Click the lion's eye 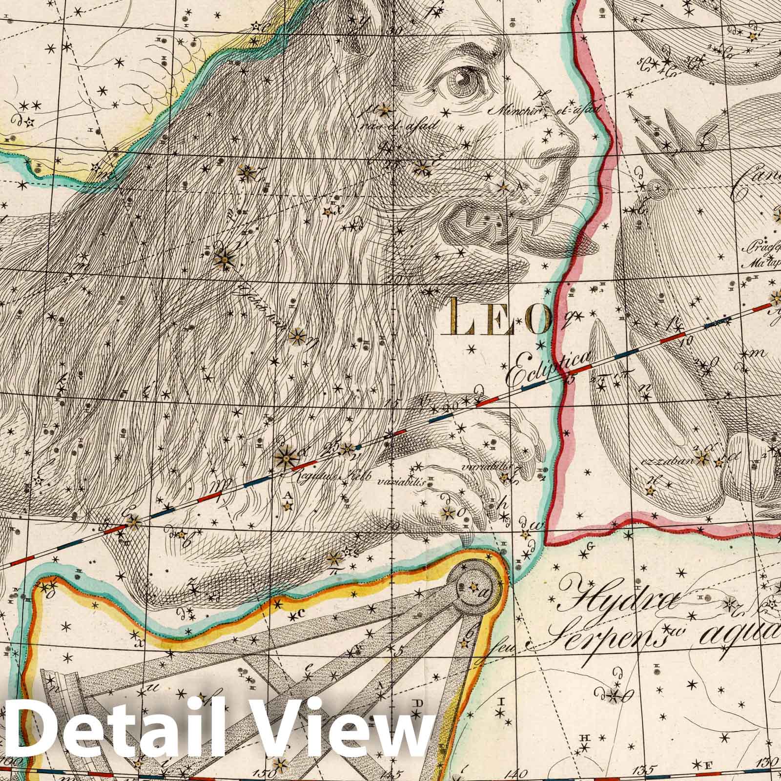point(460,77)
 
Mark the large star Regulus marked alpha point(284,457)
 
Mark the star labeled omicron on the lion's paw point(447,512)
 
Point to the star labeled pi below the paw point(335,558)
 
